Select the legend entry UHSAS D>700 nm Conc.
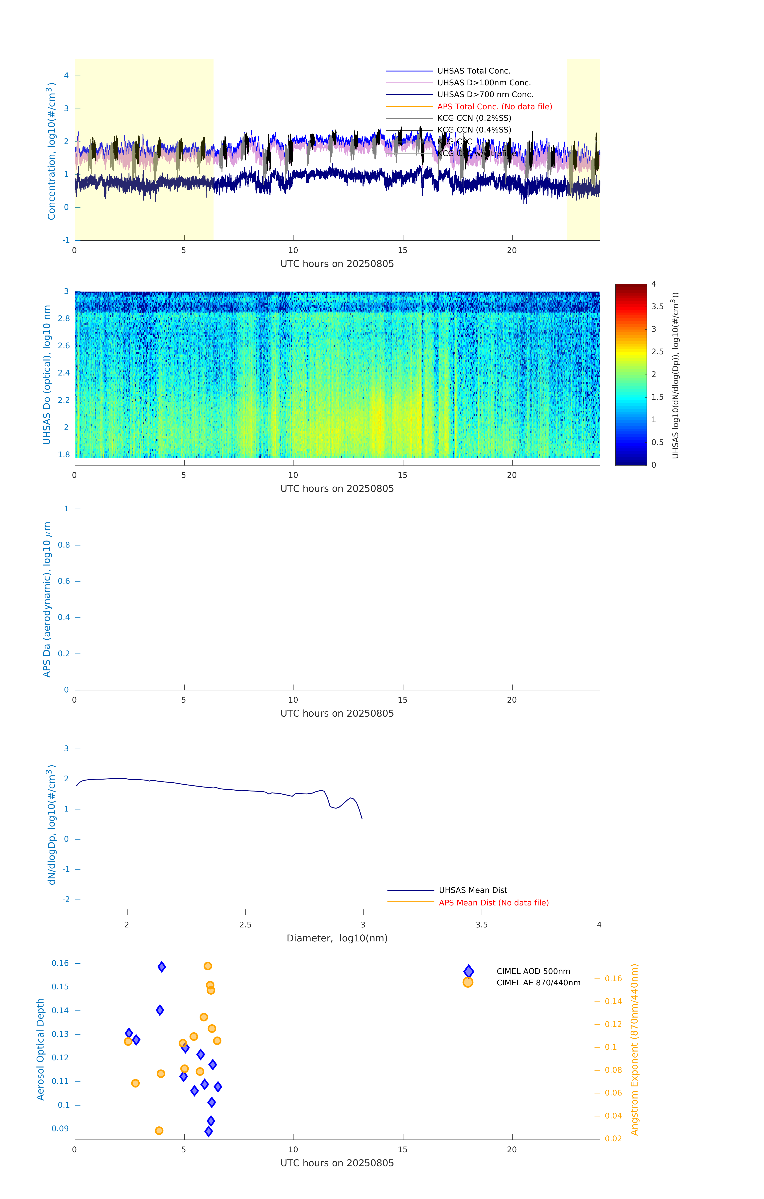tap(485, 95)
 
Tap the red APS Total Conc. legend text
tap(494, 107)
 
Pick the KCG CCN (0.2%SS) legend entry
tap(474, 118)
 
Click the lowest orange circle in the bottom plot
tap(159, 1131)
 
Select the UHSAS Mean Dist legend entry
tap(473, 890)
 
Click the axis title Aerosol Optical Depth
tap(41, 1050)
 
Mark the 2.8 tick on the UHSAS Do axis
tap(64, 319)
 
